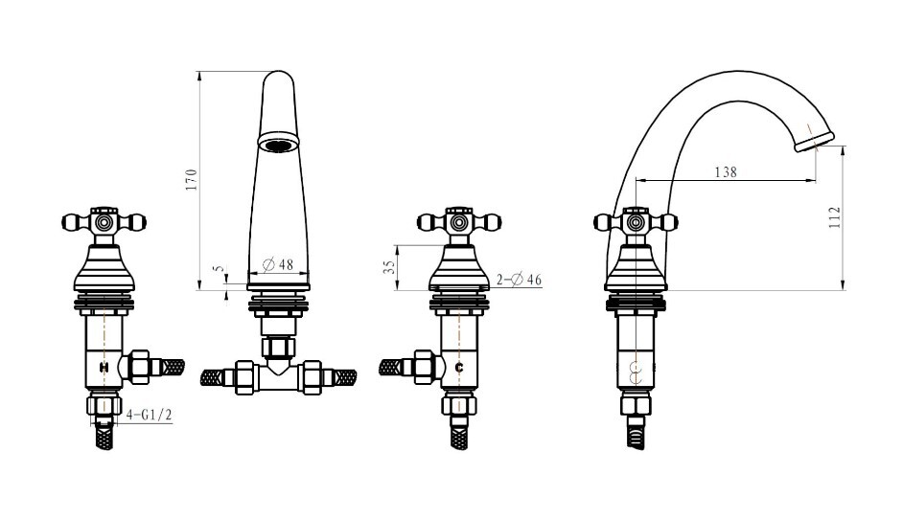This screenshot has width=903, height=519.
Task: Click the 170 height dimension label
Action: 192,179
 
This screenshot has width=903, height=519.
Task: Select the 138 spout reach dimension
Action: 726,172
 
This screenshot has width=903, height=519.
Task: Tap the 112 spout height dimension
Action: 835,217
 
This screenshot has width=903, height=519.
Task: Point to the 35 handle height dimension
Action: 390,267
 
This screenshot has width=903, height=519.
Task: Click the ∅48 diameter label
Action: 278,264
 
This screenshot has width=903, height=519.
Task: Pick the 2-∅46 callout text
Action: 519,280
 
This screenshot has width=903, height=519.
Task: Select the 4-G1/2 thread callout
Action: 150,415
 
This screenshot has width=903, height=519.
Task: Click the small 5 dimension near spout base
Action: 217,269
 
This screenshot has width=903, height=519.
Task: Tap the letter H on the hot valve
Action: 104,367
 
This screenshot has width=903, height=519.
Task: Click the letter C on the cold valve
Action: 459,367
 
